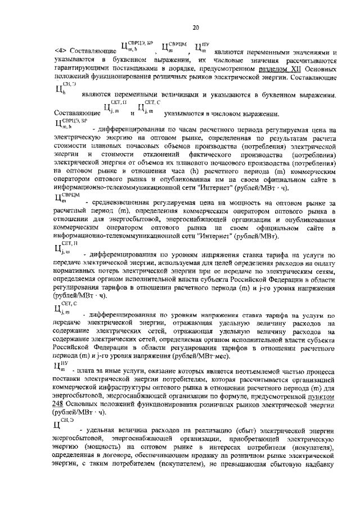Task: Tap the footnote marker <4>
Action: [x=59, y=51]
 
